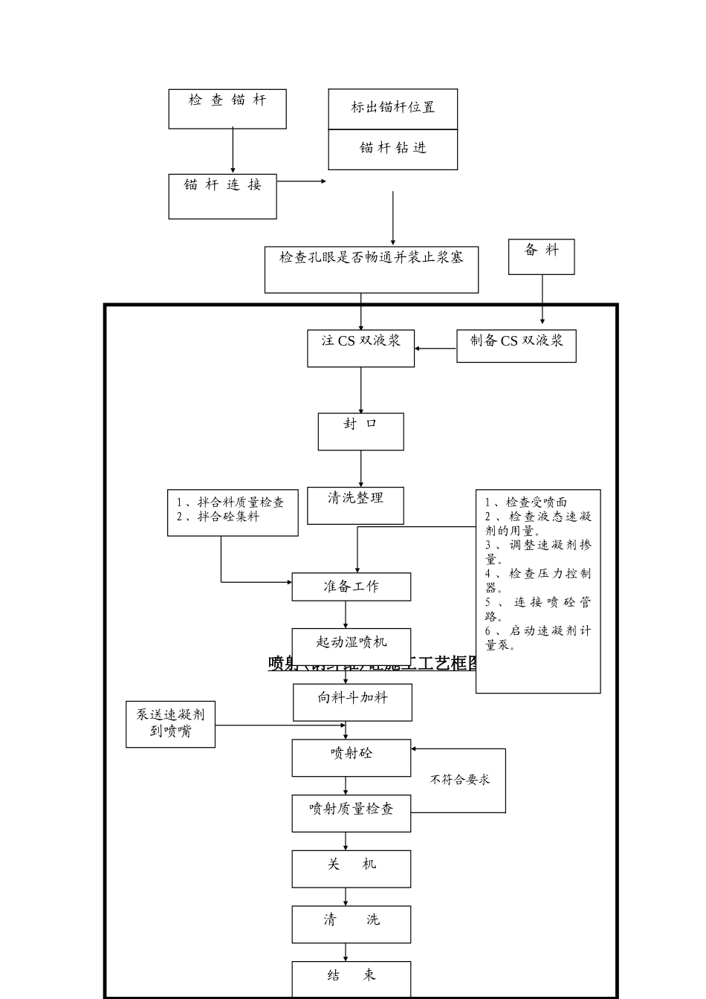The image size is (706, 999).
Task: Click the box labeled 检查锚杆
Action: point(227,109)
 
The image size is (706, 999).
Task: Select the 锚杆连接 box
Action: point(222,196)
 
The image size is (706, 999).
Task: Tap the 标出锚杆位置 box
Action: point(392,109)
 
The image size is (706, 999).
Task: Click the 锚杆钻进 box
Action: point(392,149)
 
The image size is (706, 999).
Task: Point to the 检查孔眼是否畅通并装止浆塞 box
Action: point(371,270)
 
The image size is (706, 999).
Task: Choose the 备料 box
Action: point(541,256)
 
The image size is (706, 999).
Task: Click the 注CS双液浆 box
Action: point(360,348)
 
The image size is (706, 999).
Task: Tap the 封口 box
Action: point(360,431)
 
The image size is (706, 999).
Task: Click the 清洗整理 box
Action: point(355,505)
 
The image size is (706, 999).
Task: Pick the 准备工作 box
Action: point(351,586)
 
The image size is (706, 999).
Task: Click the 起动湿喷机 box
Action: point(351,642)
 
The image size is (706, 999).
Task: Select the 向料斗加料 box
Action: point(352,702)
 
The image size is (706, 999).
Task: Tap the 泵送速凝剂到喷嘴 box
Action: point(170,724)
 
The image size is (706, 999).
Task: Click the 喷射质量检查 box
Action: point(351,813)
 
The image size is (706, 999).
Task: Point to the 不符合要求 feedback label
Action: point(459,780)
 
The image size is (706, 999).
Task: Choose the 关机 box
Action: point(351,869)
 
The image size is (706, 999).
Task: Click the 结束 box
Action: point(351,979)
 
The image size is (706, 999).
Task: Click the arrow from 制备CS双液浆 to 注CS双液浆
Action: point(435,348)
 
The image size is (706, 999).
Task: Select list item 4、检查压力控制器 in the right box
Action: point(538,581)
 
